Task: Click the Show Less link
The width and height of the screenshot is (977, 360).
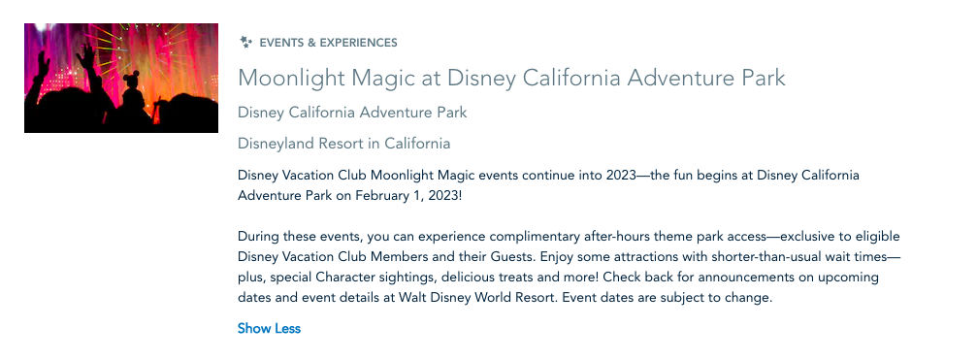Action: [x=269, y=328]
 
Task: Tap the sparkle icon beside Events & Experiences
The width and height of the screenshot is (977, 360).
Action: [x=246, y=43]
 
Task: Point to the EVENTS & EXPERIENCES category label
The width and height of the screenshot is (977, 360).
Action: [x=328, y=43]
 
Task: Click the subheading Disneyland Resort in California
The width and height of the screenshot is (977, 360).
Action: [x=344, y=144]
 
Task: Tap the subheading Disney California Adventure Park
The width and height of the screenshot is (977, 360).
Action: [x=352, y=113]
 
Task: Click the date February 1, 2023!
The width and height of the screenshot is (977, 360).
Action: [x=408, y=196]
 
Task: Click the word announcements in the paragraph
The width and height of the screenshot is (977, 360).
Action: [x=748, y=278]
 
